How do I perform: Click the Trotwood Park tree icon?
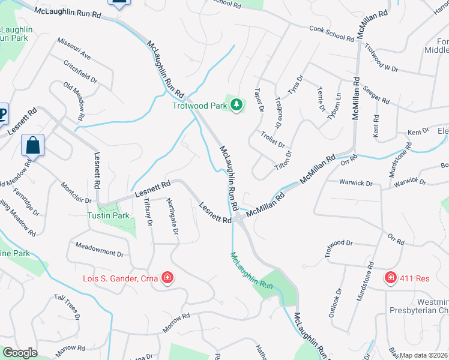pos(237,106)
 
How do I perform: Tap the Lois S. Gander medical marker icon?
pos(167,278)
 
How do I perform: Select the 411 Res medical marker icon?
pos(390,277)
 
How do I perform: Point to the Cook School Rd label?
pos(332,33)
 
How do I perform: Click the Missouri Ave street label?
pos(74,49)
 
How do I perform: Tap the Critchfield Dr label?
pos(80,70)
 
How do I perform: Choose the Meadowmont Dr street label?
pos(99,250)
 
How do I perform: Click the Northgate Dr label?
pos(172,216)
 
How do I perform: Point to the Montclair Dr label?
pos(76,193)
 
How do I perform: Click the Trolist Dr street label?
pos(272,139)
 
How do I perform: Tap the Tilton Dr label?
pos(283,162)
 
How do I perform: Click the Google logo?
pos(20,352)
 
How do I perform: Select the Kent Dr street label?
pos(418,131)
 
